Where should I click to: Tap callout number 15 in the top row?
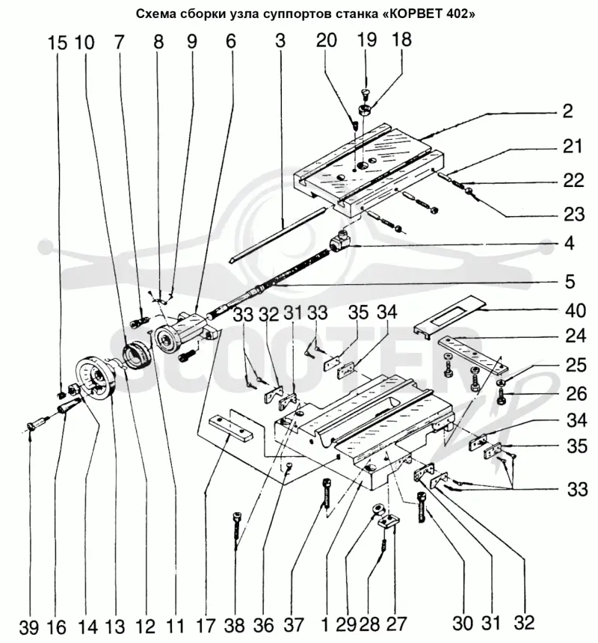[57, 43]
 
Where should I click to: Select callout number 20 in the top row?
[326, 40]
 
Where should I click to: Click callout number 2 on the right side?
[567, 111]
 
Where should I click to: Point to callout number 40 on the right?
[576, 310]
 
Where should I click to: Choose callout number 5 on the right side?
[570, 281]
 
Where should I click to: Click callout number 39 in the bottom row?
[28, 628]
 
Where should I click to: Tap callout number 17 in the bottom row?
[205, 627]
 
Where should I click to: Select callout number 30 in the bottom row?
[463, 624]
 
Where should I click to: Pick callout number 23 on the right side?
[574, 214]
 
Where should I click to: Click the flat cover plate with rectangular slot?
[449, 315]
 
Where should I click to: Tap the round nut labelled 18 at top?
[364, 109]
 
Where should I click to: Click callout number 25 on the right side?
[576, 365]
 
